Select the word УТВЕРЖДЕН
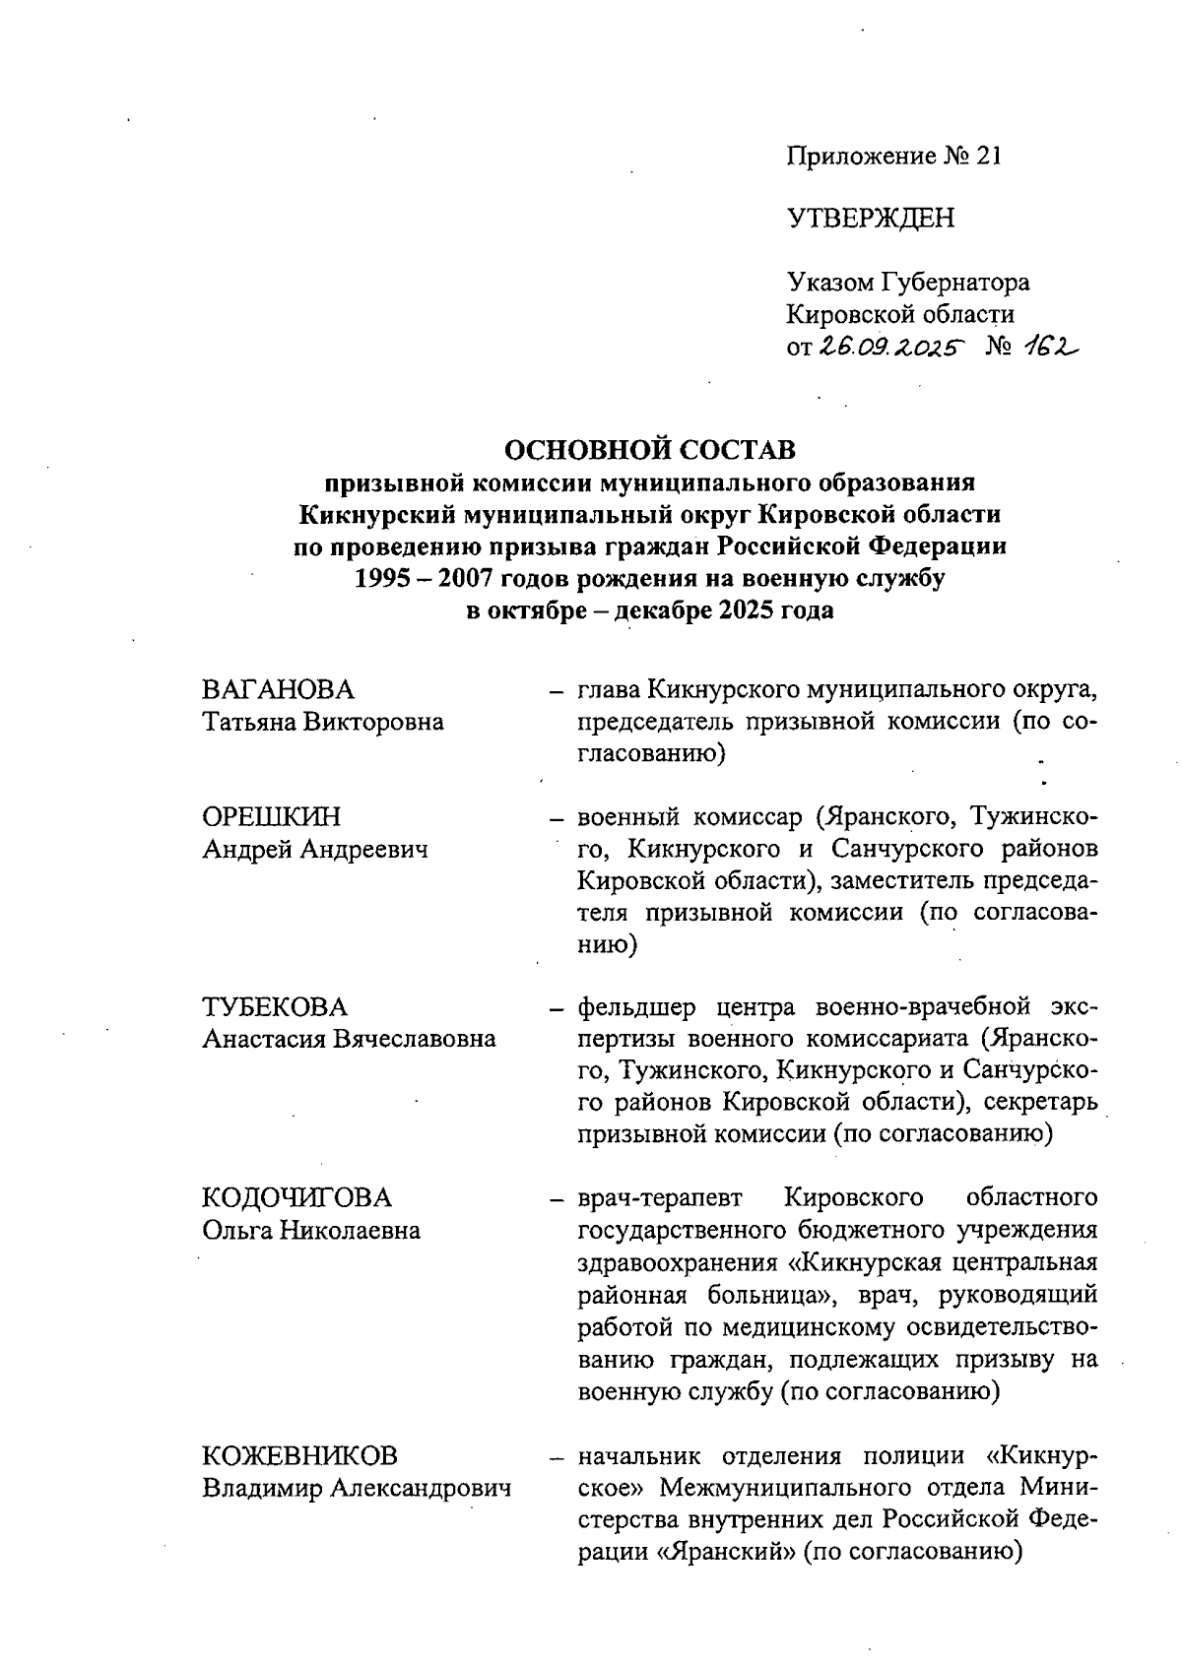pyautogui.click(x=871, y=219)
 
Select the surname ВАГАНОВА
pyautogui.click(x=278, y=689)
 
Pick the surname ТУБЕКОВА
pyautogui.click(x=275, y=1007)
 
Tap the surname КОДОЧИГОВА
pyautogui.click(x=296, y=1198)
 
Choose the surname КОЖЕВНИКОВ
pyautogui.click(x=300, y=1456)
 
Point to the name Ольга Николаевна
pyautogui.click(x=311, y=1230)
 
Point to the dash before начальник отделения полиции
pyautogui.click(x=557, y=1457)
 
